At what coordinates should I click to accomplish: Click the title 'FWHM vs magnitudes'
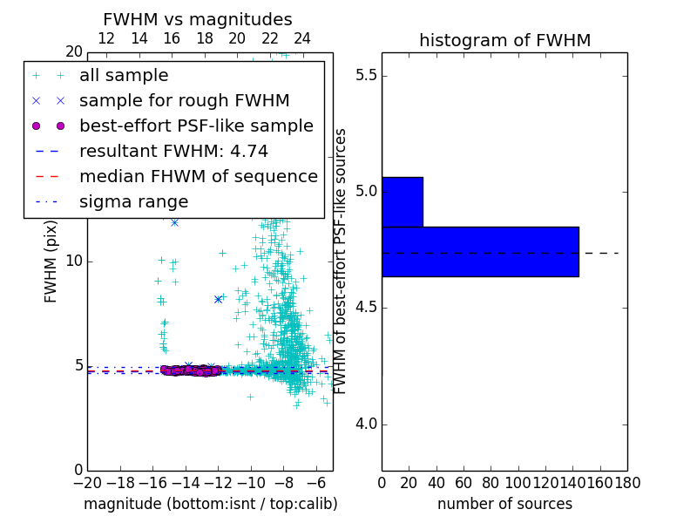pos(198,20)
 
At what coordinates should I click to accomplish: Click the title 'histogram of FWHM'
pos(504,41)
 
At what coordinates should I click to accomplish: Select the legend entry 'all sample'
pos(124,76)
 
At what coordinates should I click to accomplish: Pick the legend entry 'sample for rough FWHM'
pos(184,101)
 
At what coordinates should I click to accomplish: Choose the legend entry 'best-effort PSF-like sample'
pos(196,126)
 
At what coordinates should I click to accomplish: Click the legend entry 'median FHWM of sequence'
pos(198,177)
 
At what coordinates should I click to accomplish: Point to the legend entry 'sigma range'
pos(133,202)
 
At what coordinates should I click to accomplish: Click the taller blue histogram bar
pos(480,252)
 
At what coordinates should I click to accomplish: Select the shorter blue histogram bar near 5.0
pos(403,201)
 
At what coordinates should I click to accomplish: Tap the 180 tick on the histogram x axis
pos(626,482)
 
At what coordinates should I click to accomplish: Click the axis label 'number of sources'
pos(504,504)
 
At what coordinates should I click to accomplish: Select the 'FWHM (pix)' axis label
pos(51,261)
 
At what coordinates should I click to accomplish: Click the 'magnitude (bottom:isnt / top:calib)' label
pos(210,504)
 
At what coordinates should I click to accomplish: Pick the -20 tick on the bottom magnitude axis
pos(87,482)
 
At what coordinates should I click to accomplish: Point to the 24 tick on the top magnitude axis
pos(302,38)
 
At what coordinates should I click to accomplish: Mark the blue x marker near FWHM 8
pos(218,299)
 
